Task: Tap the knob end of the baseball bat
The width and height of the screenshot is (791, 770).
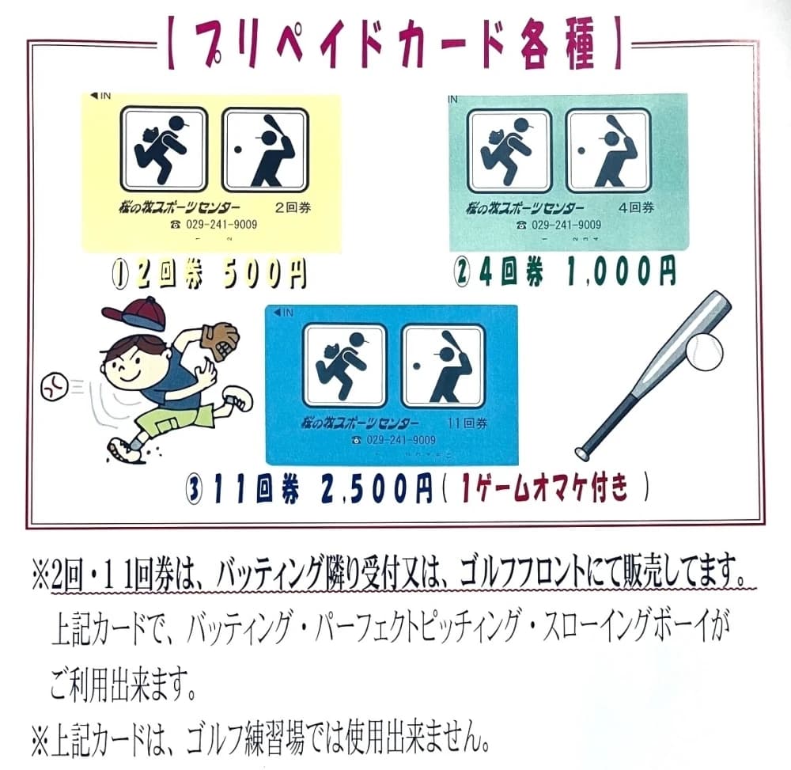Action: [x=583, y=453]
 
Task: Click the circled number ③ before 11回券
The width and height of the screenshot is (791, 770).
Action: [x=192, y=490]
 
